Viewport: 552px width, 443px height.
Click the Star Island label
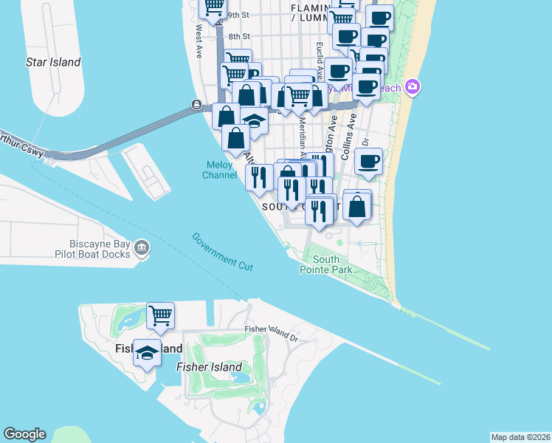coord(53,62)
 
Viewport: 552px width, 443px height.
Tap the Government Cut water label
coord(223,251)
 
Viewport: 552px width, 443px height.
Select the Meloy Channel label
coord(219,170)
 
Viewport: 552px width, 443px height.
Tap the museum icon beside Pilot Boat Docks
coord(142,249)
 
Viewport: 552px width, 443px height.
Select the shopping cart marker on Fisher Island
coord(160,316)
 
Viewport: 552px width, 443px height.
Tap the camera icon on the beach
coord(412,87)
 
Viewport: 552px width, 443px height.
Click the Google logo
coord(24,434)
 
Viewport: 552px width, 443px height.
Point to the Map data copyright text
coord(520,437)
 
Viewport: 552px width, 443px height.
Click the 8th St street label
coord(239,36)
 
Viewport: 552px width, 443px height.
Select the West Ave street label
coord(199,42)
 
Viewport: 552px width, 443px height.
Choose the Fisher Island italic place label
coord(209,367)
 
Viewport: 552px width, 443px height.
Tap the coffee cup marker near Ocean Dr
coord(368,162)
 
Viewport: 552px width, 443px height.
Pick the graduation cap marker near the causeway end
coord(254,119)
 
